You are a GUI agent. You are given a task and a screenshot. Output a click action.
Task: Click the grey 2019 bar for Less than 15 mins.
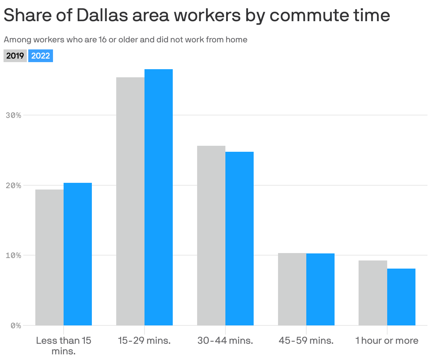pos(49,258)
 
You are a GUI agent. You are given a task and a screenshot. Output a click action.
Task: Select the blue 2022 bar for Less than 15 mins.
pos(78,254)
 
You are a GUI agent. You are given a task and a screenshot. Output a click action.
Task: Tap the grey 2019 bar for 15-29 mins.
pos(130,201)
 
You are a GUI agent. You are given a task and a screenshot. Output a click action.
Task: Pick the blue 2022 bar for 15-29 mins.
pos(159,197)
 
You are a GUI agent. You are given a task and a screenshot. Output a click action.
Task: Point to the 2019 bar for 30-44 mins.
pos(211,235)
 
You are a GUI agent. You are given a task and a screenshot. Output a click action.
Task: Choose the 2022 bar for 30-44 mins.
pos(240,239)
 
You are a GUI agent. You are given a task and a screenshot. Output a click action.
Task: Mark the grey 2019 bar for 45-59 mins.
pos(292,289)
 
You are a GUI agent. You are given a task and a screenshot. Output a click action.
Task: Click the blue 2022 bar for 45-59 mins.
pos(320,289)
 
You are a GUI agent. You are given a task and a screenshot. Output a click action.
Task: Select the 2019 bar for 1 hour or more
pos(373,293)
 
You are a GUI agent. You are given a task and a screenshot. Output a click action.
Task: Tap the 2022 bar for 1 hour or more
pos(401,297)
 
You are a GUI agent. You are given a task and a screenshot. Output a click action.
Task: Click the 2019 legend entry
pos(15,56)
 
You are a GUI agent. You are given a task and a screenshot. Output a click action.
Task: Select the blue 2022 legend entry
pos(41,56)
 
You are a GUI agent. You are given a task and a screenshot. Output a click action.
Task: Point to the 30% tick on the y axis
pos(14,115)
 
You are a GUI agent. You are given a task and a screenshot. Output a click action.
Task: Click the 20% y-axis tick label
pos(14,186)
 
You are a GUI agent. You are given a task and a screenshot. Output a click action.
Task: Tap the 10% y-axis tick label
pos(14,256)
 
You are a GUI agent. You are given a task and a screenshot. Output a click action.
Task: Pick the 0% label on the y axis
pos(16,326)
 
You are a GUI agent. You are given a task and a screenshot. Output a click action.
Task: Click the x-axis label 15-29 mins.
pos(144,341)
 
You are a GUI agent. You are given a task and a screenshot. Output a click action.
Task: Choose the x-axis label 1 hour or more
pos(387,341)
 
